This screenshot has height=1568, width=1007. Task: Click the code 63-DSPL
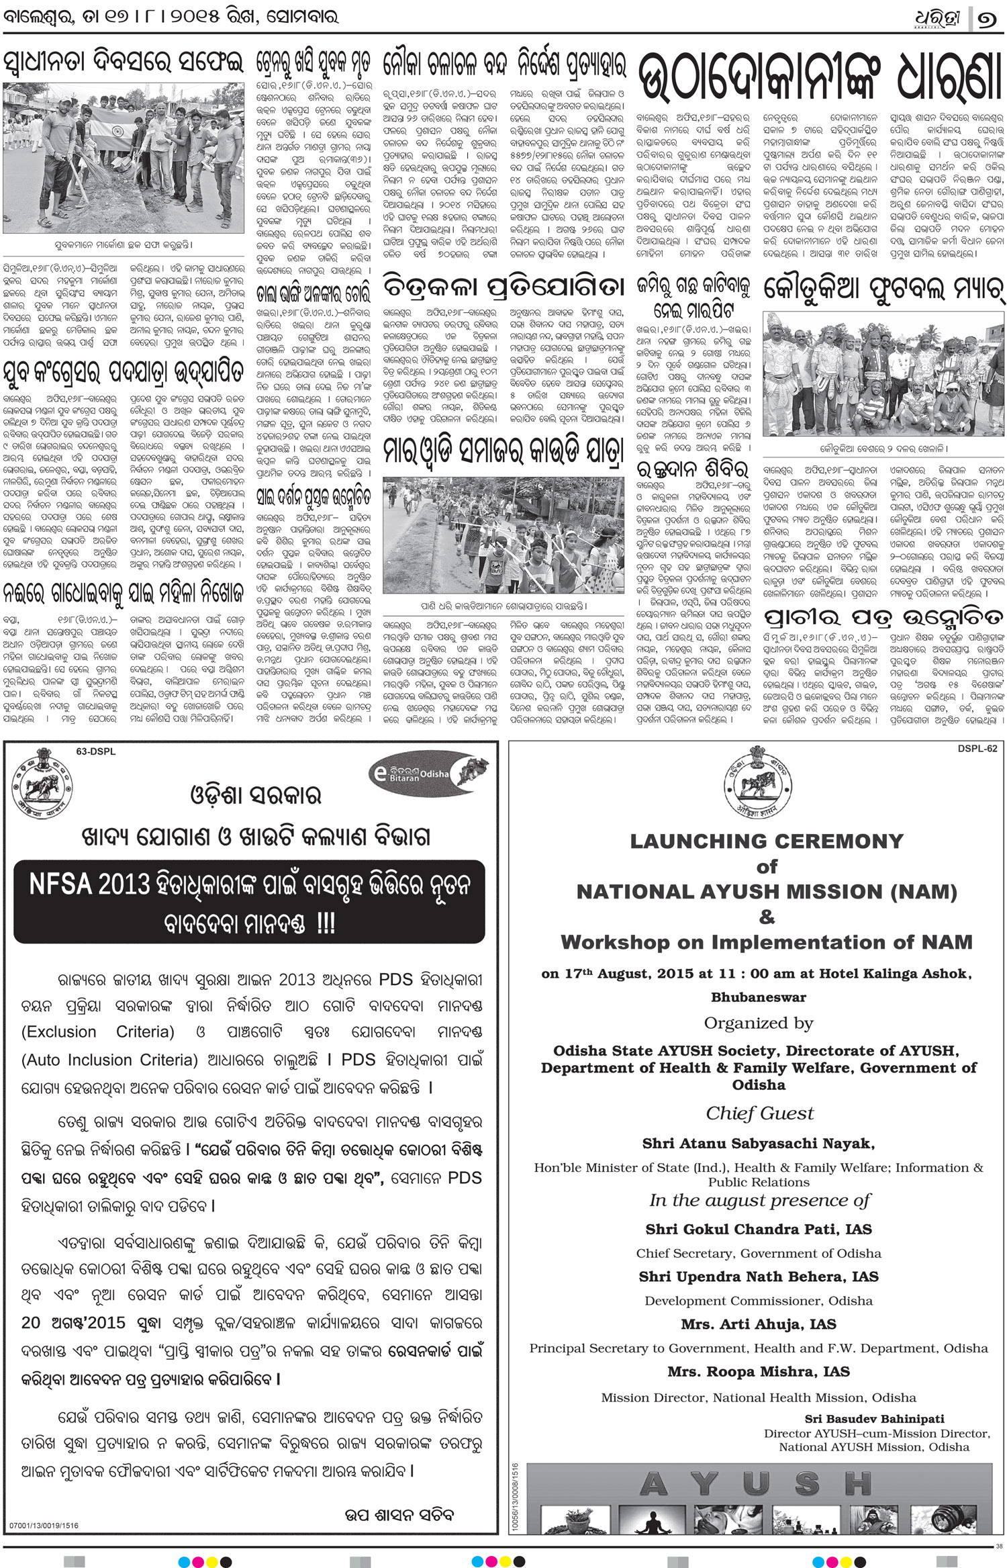[96, 751]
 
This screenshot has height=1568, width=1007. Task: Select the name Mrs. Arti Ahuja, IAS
[759, 1324]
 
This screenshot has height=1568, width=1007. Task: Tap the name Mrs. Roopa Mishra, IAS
[759, 1371]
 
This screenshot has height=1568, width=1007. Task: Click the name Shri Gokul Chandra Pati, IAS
[759, 1230]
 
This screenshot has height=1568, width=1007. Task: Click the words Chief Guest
[759, 1113]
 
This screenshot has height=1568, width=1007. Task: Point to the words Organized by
[759, 1023]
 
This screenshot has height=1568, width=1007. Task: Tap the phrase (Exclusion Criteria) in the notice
[98, 1032]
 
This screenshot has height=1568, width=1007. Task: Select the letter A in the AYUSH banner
[653, 1485]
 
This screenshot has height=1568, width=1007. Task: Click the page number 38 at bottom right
[999, 1547]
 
